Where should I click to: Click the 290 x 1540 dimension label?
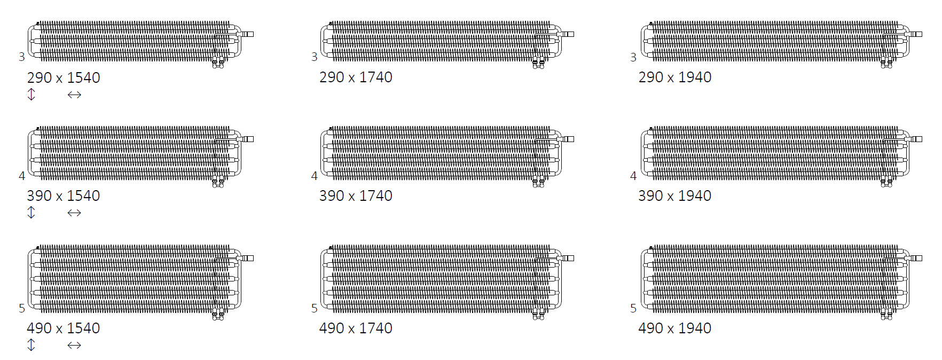pyautogui.click(x=64, y=78)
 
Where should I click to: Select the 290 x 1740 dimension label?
pyautogui.click(x=356, y=77)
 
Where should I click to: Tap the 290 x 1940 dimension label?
pyautogui.click(x=675, y=77)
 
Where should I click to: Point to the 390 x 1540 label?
pyautogui.click(x=64, y=196)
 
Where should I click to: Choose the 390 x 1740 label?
pyautogui.click(x=356, y=196)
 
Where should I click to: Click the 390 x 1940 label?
pyautogui.click(x=675, y=196)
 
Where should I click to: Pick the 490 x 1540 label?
pyautogui.click(x=64, y=328)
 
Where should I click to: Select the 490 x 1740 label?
pyautogui.click(x=356, y=328)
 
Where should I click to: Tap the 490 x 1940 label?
pyautogui.click(x=675, y=328)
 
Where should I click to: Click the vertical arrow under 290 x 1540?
pyautogui.click(x=31, y=95)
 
